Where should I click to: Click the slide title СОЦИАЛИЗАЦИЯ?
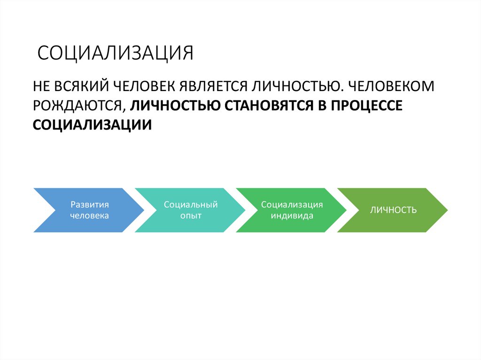tap(116, 53)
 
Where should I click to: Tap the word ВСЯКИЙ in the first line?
tap(80, 87)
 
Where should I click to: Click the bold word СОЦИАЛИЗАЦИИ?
tap(92, 125)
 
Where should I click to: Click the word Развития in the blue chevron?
tap(90, 205)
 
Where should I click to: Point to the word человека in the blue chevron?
tap(90, 216)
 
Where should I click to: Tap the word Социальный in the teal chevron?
tap(190, 205)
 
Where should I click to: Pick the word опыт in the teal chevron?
tap(190, 216)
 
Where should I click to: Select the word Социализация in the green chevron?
tap(292, 205)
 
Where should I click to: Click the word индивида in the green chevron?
tap(292, 216)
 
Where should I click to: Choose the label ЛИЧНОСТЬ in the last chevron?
tap(393, 210)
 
